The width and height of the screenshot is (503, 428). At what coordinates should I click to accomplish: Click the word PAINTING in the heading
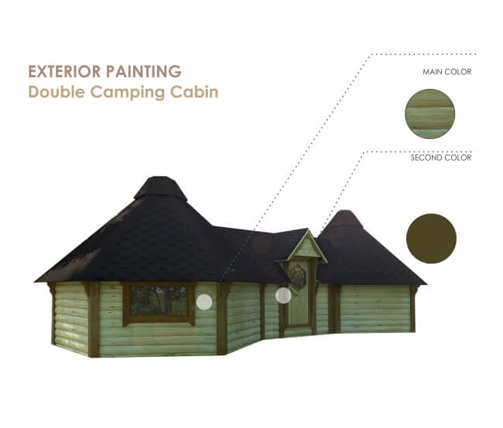143,72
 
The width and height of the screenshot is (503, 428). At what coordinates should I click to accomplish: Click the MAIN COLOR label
447,72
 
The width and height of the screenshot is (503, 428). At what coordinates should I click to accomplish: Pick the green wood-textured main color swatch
429,114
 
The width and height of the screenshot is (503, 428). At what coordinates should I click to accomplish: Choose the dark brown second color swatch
431,239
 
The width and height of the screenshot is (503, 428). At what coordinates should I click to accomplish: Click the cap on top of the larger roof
160,188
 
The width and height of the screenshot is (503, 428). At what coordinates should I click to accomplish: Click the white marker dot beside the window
204,302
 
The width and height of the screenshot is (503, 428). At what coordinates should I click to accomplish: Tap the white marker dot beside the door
283,294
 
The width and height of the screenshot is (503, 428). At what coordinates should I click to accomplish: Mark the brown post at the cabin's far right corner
413,309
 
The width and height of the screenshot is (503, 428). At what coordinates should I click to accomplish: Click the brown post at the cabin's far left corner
53,313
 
